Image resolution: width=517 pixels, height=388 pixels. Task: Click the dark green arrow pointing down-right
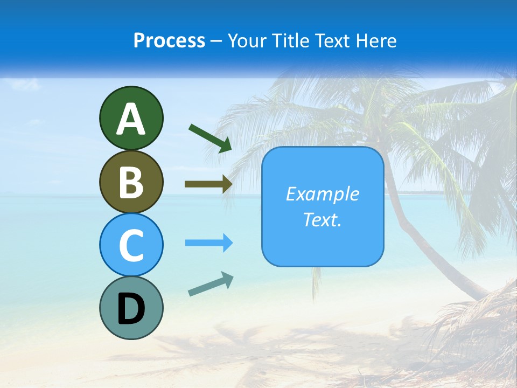[210, 137]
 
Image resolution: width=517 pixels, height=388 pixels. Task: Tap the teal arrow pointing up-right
[211, 284]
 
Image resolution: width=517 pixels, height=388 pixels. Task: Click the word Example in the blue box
[322, 194]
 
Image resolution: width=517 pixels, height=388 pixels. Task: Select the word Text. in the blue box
[322, 220]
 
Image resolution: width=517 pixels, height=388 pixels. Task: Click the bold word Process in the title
[169, 40]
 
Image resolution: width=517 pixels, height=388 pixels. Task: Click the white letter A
[131, 120]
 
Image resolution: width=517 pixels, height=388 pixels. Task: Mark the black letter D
[131, 309]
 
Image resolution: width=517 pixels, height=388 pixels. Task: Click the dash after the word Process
[216, 41]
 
